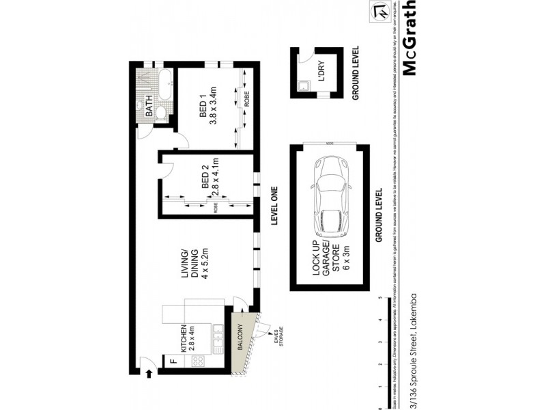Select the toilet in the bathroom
[x=161, y=113]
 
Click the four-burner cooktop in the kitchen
[x=197, y=361]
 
